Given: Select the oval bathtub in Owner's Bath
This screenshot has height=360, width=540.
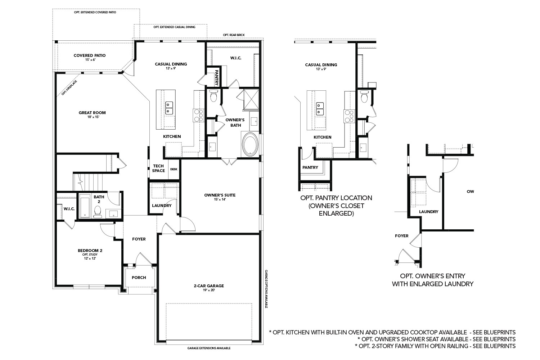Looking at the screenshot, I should tap(250, 144).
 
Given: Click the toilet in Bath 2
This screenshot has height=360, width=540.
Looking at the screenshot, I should tap(97, 212).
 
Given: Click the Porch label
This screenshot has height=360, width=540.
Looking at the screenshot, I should tap(139, 278).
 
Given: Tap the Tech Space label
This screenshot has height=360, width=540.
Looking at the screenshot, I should tap(158, 168).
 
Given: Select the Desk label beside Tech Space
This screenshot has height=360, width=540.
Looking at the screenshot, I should tap(174, 169).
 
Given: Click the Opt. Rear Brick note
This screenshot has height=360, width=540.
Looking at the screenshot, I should tap(234, 35).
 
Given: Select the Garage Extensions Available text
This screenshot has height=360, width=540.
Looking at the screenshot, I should tap(209, 348).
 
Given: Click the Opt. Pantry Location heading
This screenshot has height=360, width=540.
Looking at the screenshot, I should tap(336, 198).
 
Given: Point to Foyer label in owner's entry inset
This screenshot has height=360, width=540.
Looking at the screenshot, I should tap(402, 236).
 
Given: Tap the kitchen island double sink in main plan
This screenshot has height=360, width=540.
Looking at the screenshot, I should tap(168, 108).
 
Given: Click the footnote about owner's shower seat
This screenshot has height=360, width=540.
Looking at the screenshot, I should tap(436, 339).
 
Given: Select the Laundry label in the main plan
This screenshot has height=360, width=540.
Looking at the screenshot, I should tap(162, 206).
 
